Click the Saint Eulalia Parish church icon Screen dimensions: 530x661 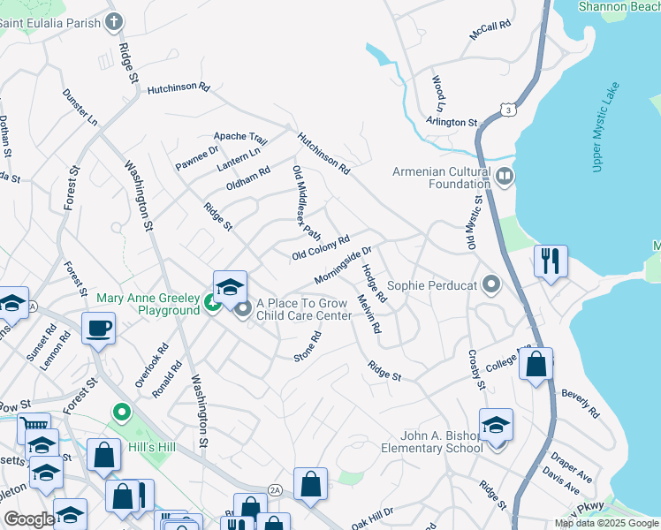113,20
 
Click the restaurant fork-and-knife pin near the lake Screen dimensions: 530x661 550,261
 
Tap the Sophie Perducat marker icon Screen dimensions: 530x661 491,285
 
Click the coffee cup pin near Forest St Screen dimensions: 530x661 98,329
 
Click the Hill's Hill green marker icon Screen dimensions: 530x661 121,413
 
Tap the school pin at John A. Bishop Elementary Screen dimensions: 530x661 496,426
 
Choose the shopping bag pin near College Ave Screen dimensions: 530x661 536,364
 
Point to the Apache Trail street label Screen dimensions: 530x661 239,139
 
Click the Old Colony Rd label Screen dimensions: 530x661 321,247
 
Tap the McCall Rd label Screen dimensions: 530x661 491,30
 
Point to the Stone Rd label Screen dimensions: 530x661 308,346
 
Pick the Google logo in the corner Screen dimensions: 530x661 28,519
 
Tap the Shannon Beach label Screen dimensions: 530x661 619,6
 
